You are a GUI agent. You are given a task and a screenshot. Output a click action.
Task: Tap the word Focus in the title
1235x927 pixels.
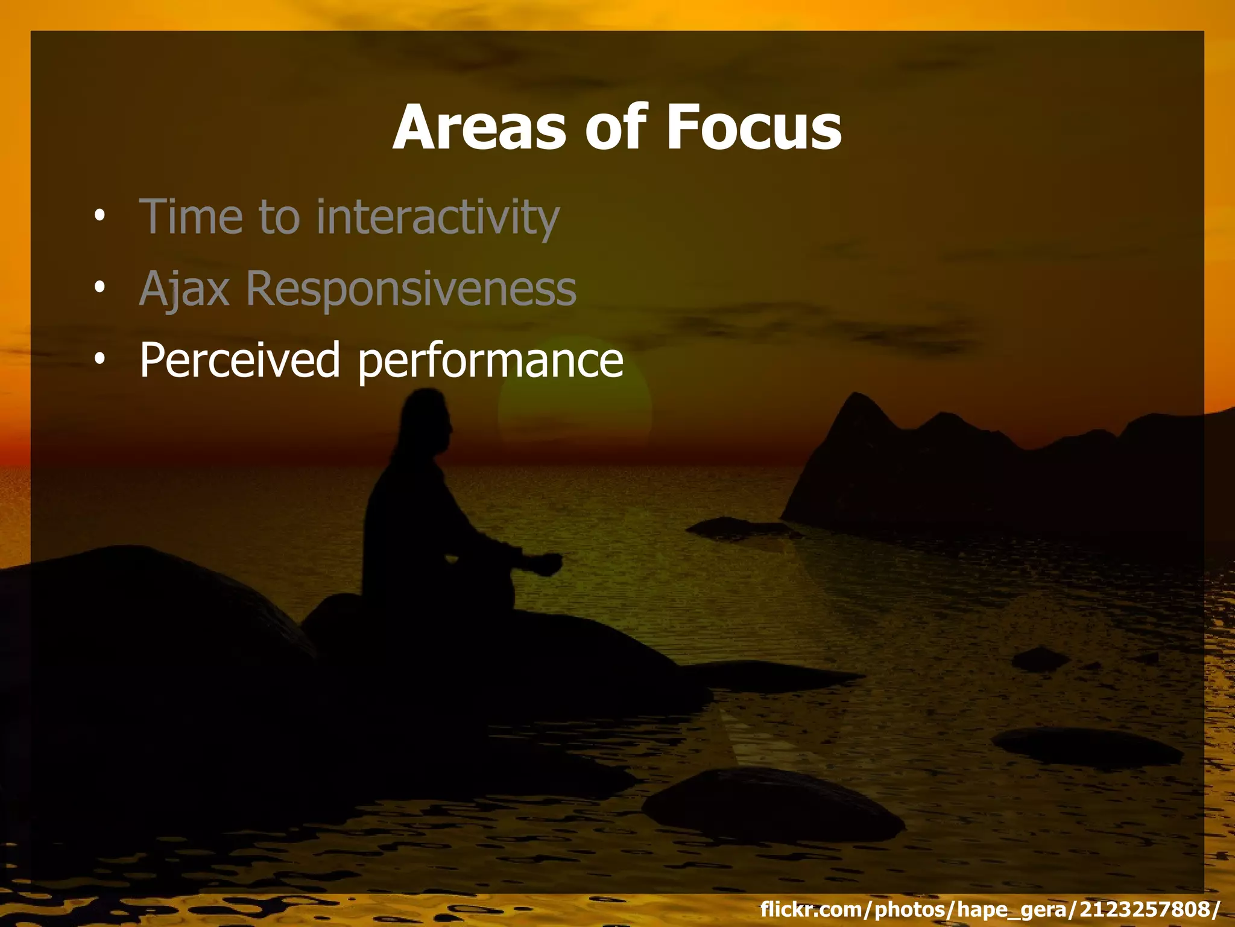[753, 128]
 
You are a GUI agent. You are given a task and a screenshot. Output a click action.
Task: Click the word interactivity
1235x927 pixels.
[438, 217]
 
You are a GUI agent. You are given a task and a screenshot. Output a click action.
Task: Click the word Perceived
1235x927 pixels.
[240, 360]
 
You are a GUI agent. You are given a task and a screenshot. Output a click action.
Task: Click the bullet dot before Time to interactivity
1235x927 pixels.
[99, 215]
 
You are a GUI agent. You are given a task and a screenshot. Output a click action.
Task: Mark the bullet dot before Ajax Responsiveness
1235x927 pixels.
[99, 287]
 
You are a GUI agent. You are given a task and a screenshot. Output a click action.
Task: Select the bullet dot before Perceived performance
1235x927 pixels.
[99, 358]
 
